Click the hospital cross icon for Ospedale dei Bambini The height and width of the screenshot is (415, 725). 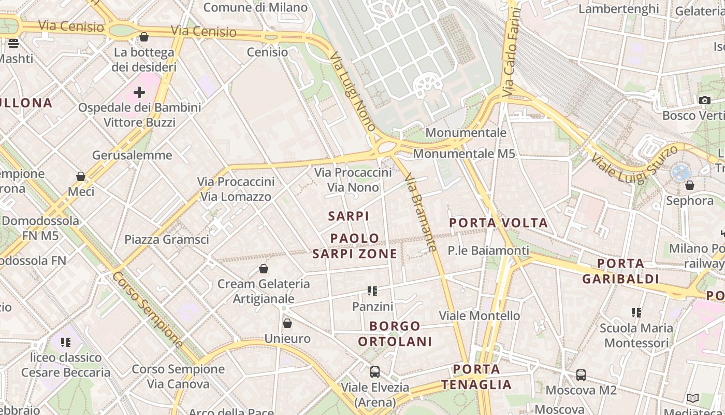click(139, 92)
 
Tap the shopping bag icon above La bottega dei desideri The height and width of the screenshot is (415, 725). click(144, 37)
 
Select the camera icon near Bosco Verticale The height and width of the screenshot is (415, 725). click(704, 100)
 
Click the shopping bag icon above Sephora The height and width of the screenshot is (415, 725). click(689, 185)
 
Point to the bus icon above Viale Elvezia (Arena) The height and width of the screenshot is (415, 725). click(374, 372)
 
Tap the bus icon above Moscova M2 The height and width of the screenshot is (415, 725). click(581, 375)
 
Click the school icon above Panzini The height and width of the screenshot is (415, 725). click(372, 291)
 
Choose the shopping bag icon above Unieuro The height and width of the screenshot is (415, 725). click(287, 323)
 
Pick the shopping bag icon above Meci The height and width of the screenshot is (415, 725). click(81, 176)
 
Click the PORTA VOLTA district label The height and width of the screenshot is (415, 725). click(498, 223)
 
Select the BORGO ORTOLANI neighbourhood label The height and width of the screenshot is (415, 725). click(395, 334)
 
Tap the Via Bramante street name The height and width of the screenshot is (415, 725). click(421, 213)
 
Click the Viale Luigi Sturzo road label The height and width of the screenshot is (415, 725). click(634, 164)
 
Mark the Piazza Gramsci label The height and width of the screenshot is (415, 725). click(167, 239)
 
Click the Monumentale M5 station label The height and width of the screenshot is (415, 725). click(464, 154)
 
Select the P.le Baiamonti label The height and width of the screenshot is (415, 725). click(488, 251)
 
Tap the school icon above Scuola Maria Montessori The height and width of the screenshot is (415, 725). click(636, 313)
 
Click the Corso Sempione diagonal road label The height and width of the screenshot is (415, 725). click(148, 310)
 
